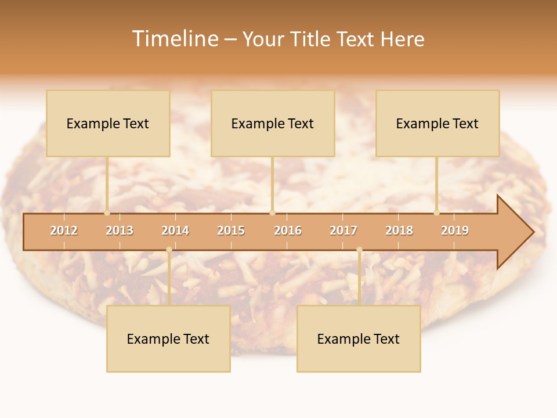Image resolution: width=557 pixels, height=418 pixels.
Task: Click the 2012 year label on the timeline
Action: (x=64, y=230)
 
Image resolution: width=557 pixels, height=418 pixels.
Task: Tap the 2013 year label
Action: (x=120, y=230)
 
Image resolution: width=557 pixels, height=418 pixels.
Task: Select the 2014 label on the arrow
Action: (x=175, y=230)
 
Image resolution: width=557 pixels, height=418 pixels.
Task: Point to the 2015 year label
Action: (x=231, y=230)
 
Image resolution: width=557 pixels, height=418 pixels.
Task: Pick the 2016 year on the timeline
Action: (x=288, y=230)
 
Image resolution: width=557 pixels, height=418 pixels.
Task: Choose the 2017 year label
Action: (x=343, y=230)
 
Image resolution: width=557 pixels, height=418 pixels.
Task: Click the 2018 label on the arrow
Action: (x=399, y=230)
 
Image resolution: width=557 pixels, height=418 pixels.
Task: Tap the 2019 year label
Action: (x=455, y=230)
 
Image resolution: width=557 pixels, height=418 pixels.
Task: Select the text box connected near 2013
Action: (x=108, y=123)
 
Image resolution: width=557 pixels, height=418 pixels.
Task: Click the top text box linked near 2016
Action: (x=273, y=123)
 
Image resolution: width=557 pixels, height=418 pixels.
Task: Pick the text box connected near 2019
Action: (x=437, y=123)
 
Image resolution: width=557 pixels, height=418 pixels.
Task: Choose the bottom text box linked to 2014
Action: (x=168, y=338)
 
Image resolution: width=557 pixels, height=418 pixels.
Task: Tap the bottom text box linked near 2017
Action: (x=359, y=338)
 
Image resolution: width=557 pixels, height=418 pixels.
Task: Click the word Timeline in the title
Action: (x=175, y=38)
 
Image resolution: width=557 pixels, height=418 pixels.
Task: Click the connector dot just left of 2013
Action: (x=107, y=212)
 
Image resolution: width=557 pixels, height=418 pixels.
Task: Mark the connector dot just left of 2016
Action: (x=272, y=212)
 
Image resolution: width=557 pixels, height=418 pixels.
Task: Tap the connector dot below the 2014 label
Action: (x=169, y=250)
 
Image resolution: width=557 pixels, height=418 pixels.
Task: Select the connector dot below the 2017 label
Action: (x=359, y=250)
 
